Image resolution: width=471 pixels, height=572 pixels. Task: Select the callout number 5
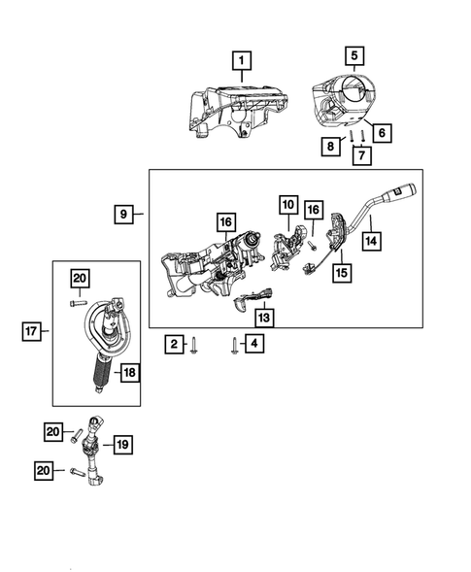[354, 54]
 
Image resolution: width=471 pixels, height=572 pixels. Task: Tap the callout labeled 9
[123, 213]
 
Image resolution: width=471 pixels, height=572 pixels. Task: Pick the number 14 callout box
[371, 239]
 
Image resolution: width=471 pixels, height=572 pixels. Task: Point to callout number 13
[265, 318]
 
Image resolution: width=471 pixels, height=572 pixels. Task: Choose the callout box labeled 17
[32, 332]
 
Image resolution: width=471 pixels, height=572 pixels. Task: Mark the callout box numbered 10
[288, 205]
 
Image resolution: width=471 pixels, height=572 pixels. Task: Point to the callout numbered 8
[331, 147]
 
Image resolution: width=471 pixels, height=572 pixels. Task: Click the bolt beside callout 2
[197, 344]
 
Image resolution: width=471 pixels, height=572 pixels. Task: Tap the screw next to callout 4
[234, 343]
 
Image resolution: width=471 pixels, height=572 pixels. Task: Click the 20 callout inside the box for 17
[79, 280]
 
